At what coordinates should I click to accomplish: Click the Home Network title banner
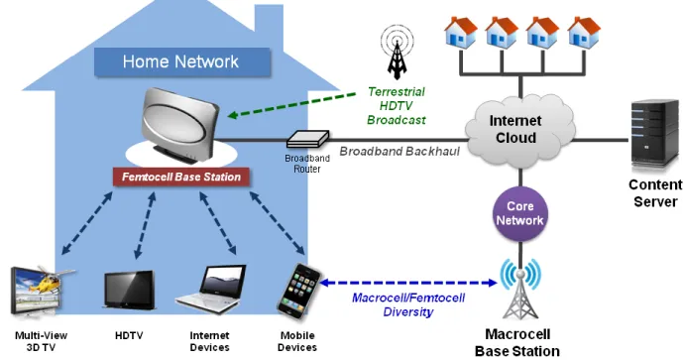182,61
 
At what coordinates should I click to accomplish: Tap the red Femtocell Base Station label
181,177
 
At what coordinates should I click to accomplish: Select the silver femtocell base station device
179,125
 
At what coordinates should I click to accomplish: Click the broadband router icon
307,139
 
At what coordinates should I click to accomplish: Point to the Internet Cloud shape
519,130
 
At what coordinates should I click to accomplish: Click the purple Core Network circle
520,214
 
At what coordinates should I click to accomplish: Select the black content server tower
655,133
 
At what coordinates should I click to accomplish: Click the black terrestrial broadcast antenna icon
397,53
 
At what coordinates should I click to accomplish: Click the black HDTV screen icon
130,291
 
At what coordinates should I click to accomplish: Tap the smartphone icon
299,292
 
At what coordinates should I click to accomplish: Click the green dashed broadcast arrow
291,104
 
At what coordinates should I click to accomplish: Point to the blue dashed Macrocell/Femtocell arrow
408,283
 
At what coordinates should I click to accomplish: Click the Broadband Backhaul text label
399,152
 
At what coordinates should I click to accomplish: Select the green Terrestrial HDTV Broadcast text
397,105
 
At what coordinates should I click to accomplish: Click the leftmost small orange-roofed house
461,33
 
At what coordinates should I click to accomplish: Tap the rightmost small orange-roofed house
584,33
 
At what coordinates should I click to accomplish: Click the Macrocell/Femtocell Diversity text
408,304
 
